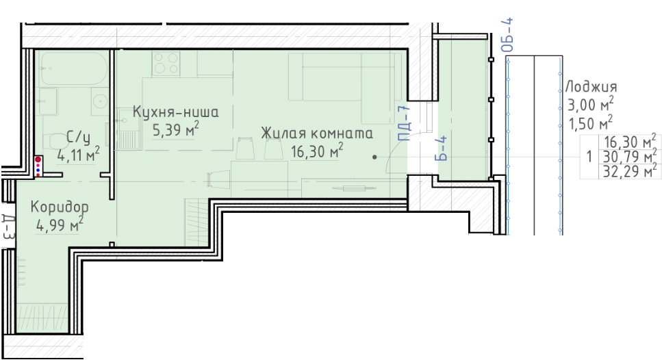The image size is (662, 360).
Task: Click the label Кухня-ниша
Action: click(x=176, y=112)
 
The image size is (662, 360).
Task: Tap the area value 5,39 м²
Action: click(x=175, y=129)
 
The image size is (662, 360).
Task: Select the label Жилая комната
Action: click(x=317, y=133)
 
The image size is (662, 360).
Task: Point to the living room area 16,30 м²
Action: click(x=317, y=151)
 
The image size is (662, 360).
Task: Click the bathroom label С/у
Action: click(x=79, y=137)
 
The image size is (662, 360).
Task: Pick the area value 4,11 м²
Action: click(x=79, y=155)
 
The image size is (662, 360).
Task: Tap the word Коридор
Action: click(x=60, y=207)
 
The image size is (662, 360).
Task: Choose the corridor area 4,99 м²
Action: click(x=60, y=224)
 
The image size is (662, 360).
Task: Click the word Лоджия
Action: click(x=591, y=87)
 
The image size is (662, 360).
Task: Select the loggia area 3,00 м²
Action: click(x=591, y=104)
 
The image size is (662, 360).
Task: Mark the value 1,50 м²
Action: click(x=591, y=123)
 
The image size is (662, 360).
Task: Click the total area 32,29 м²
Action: click(x=630, y=171)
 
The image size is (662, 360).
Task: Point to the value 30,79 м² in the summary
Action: click(x=630, y=157)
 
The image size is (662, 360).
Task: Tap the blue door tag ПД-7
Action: click(x=404, y=123)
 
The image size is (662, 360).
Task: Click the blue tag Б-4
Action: click(x=441, y=148)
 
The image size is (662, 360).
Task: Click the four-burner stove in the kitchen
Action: click(x=166, y=63)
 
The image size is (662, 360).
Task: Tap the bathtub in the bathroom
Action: click(x=74, y=69)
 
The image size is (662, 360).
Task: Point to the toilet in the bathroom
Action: click(x=53, y=141)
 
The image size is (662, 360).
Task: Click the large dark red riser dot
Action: click(x=38, y=159)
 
